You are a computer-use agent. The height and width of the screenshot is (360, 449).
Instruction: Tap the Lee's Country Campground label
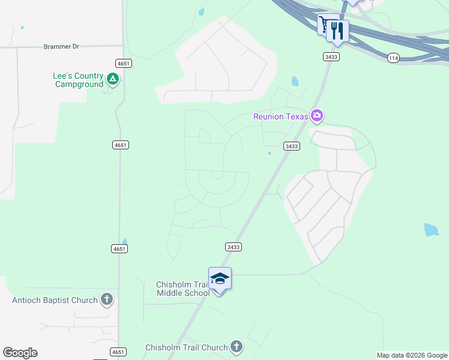pyautogui.click(x=78, y=80)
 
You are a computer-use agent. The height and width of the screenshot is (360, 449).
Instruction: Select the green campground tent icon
pyautogui.click(x=112, y=79)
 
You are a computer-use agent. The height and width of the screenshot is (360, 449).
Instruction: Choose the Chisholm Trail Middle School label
pyautogui.click(x=182, y=289)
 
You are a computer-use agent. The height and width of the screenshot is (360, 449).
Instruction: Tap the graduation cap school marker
pyautogui.click(x=220, y=279)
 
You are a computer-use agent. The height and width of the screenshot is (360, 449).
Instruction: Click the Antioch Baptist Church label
pyautogui.click(x=55, y=300)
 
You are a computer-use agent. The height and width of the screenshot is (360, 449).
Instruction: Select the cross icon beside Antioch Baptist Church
pyautogui.click(x=107, y=299)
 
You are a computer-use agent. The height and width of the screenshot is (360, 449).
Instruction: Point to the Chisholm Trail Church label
pyautogui.click(x=187, y=347)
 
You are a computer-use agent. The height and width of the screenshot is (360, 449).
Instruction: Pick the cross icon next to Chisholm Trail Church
pyautogui.click(x=237, y=347)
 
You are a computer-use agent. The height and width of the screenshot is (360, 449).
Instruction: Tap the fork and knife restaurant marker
pyautogui.click(x=338, y=30)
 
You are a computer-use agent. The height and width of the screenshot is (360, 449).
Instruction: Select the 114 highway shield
pyautogui.click(x=393, y=58)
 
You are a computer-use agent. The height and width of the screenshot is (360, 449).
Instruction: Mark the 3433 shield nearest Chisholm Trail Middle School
pyautogui.click(x=234, y=247)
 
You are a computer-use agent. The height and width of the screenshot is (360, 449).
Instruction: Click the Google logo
pyautogui.click(x=20, y=353)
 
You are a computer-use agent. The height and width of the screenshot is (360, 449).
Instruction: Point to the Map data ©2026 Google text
pyautogui.click(x=412, y=355)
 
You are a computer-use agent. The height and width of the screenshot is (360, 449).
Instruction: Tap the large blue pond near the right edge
pyautogui.click(x=431, y=230)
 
